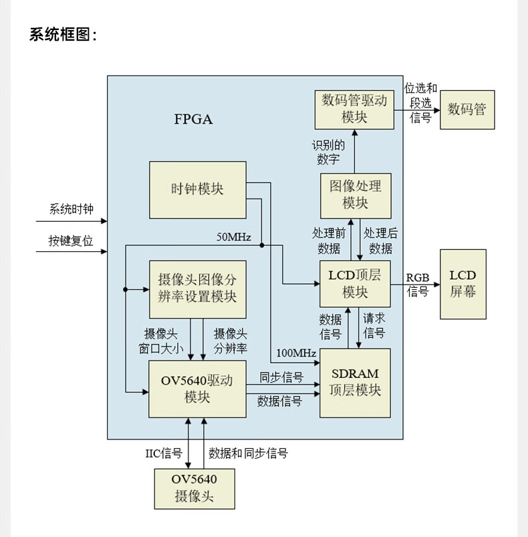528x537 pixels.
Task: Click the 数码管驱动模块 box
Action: tap(354, 109)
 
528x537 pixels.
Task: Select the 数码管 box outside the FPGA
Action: tap(467, 110)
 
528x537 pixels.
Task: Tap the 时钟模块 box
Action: tap(197, 190)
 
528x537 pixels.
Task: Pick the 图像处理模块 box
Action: tap(355, 196)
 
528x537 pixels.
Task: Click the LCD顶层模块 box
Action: tap(354, 284)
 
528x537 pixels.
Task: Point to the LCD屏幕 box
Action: tap(463, 284)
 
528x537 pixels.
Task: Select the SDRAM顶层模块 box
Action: tap(354, 383)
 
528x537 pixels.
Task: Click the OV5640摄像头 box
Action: tap(194, 488)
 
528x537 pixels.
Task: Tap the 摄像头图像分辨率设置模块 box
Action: tap(197, 289)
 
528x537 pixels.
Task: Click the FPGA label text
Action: tap(193, 120)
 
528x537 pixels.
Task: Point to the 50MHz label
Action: tap(233, 237)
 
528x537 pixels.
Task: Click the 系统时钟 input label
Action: tap(71, 210)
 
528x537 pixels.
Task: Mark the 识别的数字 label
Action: tap(328, 152)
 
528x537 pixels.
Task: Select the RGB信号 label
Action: tap(418, 285)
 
